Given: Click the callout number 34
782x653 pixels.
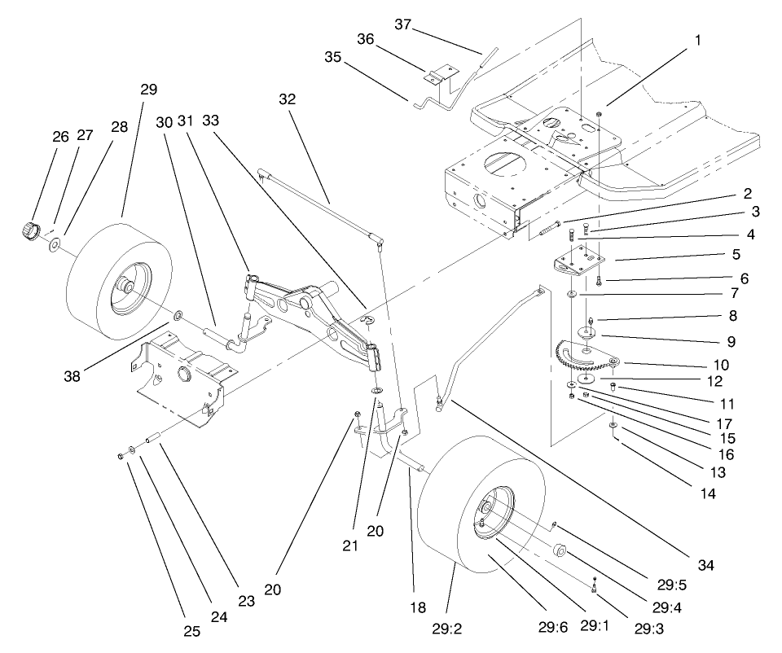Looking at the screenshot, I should click(705, 563).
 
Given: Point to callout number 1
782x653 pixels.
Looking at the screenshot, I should click(696, 38).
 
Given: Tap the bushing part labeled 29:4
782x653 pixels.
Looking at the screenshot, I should click(559, 551).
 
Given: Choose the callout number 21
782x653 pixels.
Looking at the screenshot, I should click(350, 547).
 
